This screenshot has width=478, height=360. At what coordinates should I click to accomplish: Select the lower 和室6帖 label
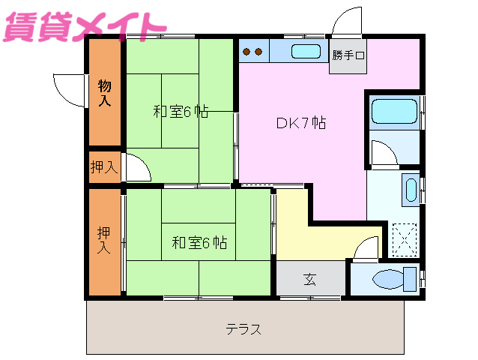point(199,242)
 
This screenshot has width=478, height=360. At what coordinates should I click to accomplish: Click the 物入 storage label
point(105,92)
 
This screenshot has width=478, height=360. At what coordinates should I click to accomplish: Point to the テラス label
point(244,328)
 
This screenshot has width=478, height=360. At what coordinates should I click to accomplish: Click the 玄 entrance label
point(310,279)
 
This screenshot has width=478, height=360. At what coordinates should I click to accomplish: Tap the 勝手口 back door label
point(348,55)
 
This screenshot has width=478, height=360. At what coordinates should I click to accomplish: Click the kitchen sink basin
point(305,52)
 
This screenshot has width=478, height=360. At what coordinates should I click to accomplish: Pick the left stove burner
point(248,52)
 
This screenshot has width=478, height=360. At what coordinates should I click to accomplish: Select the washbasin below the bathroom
point(410,190)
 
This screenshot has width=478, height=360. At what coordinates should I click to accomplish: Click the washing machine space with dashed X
point(403,239)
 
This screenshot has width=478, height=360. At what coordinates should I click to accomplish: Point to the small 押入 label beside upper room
point(104,166)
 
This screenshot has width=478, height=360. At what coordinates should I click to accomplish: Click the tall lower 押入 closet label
point(104,240)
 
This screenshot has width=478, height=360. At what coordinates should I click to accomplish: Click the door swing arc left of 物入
point(70,88)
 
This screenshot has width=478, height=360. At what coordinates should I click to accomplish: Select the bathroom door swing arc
point(384,154)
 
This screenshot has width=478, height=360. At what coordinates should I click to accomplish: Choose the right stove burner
point(259,52)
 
